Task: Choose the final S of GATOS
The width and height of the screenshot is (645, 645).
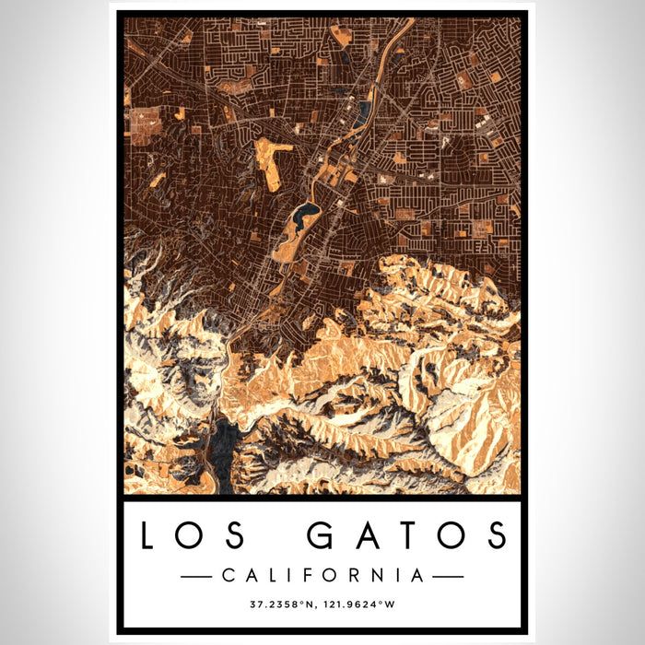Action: click(x=498, y=535)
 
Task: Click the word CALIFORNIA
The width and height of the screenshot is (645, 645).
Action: click(x=322, y=576)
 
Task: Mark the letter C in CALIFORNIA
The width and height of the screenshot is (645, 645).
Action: click(x=228, y=576)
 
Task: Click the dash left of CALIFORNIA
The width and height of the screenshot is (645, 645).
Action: click(x=197, y=576)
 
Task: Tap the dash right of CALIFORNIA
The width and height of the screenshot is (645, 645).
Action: click(x=448, y=576)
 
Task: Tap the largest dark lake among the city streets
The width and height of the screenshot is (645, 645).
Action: click(x=303, y=218)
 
